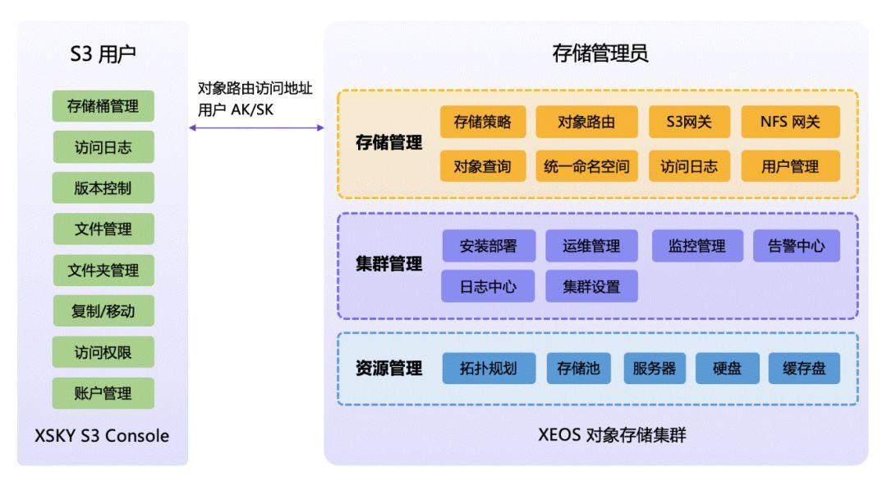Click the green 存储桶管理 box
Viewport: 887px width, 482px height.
[x=103, y=106]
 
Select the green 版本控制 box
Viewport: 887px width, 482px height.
[x=103, y=188]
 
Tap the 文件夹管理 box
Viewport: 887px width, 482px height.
[x=103, y=270]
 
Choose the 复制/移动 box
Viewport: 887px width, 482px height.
[x=103, y=311]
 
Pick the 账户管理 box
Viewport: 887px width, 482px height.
[x=103, y=393]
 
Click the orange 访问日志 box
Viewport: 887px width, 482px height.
[x=689, y=166]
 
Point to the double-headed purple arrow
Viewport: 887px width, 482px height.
[x=256, y=128]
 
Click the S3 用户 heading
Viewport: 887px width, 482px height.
[x=103, y=53]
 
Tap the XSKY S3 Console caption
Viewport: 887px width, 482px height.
[x=102, y=436]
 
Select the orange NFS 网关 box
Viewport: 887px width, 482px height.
[x=790, y=122]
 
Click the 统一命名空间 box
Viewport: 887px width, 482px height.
[x=586, y=166]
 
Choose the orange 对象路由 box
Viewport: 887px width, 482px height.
[x=586, y=122]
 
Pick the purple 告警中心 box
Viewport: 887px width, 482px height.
[x=797, y=246]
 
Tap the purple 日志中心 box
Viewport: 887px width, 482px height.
[x=488, y=286]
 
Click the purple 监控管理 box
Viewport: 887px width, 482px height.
[x=697, y=246]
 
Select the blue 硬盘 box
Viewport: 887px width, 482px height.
[x=728, y=368]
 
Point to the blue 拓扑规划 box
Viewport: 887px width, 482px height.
[x=489, y=368]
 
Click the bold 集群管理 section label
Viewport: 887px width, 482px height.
[x=388, y=264]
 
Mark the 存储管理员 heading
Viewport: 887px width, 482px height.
[x=600, y=53]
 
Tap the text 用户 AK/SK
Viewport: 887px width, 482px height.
[x=236, y=109]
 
